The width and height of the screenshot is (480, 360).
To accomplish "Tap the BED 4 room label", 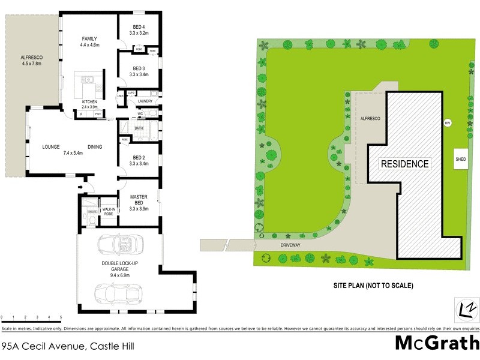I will pos(139,26).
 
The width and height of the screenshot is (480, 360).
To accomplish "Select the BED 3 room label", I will pos(139,68).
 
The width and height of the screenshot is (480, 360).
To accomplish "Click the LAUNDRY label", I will pos(145,101).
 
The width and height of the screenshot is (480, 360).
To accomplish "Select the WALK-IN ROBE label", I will pos(109,211).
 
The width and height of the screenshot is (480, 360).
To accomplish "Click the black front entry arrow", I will pos(80,187).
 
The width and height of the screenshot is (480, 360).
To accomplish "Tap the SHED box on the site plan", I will pos(461,159).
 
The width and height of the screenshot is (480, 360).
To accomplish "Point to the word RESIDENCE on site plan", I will pos(405,164).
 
